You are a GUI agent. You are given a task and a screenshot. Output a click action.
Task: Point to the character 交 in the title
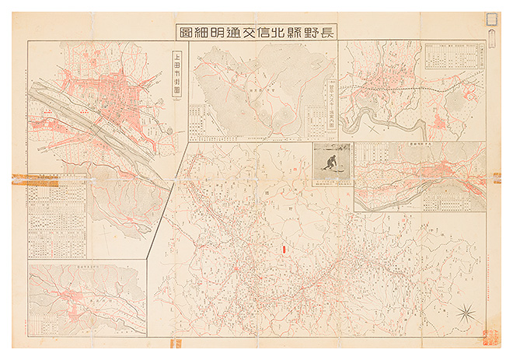247,32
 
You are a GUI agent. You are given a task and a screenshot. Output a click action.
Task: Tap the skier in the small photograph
332,162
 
